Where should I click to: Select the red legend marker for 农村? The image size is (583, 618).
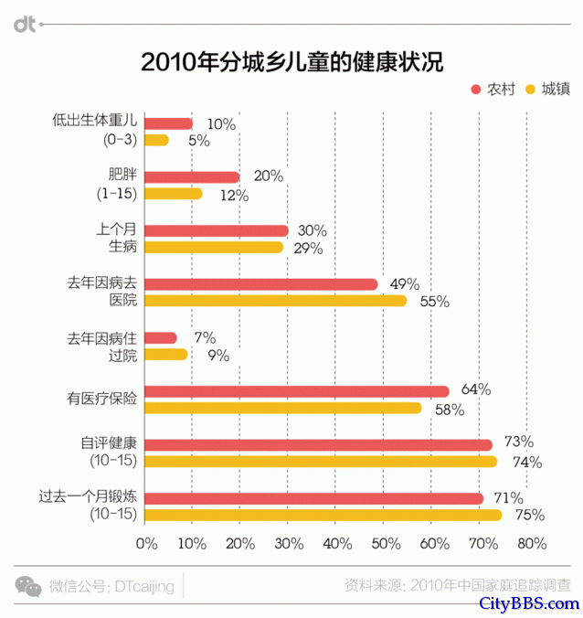(476, 89)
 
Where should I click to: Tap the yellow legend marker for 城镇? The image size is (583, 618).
(529, 89)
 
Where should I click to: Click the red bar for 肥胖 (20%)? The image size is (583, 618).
(192, 177)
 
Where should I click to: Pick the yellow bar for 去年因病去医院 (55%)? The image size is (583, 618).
(276, 301)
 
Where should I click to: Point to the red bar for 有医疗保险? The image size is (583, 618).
(297, 391)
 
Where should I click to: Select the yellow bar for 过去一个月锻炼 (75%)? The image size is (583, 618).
(323, 516)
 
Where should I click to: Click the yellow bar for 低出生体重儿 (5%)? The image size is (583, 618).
(157, 140)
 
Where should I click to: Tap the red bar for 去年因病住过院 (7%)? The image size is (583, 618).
(161, 338)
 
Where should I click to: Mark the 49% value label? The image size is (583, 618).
(404, 284)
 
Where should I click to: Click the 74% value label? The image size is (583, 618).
(526, 463)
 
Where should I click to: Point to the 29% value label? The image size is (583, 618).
(311, 248)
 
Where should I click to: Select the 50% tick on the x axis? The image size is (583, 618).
(386, 544)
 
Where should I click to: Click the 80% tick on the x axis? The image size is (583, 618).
(531, 544)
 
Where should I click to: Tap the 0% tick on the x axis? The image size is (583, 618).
(146, 544)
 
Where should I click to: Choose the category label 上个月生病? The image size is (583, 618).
(122, 239)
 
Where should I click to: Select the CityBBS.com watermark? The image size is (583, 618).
(530, 604)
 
